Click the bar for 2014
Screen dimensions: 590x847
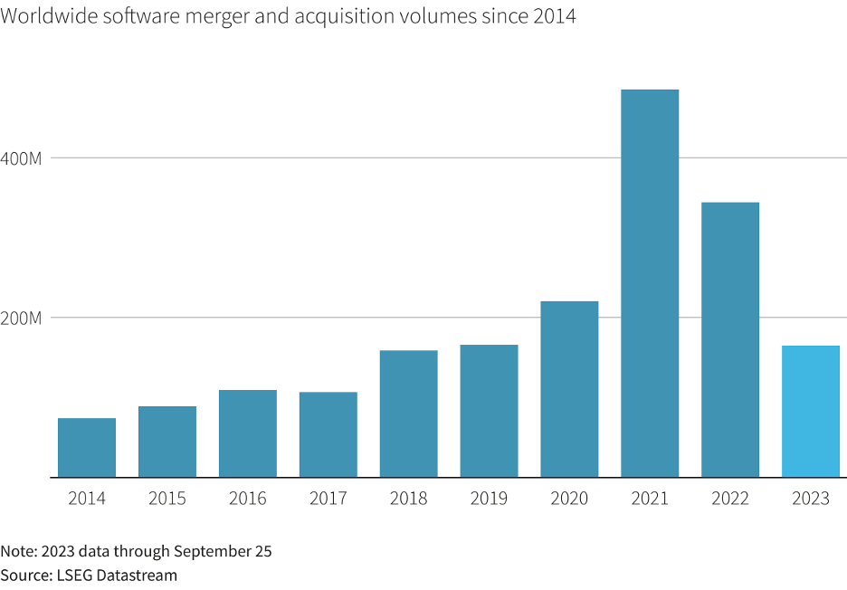[87, 447]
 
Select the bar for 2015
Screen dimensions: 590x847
[167, 442]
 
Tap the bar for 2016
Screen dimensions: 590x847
[248, 433]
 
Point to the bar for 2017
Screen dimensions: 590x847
[328, 434]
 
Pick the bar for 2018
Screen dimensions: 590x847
[409, 414]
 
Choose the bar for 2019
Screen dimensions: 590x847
[490, 411]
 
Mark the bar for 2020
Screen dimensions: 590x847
[570, 389]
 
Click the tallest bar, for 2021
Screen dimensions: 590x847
[650, 283]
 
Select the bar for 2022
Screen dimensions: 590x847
[730, 339]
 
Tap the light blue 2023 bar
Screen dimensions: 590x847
[811, 411]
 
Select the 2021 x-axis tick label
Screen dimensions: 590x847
[650, 499]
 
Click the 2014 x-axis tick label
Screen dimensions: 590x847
[87, 499]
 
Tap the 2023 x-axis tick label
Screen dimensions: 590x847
[811, 499]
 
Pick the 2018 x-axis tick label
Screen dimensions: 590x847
[409, 499]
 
